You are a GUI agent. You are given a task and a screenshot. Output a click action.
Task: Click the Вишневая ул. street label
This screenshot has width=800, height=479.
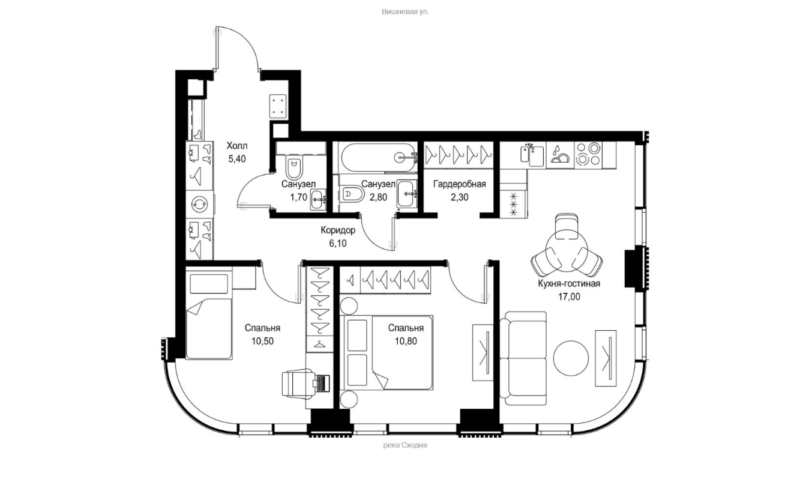pos(405,12)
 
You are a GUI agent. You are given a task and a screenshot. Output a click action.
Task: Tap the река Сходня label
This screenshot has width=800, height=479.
pos(405,445)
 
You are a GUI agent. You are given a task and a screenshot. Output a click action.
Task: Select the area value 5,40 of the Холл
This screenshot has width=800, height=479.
pos(237,159)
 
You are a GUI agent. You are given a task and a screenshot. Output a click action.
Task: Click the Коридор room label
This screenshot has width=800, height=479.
pos(338,230)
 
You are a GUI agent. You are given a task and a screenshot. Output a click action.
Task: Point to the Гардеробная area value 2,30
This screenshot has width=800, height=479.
pos(459,197)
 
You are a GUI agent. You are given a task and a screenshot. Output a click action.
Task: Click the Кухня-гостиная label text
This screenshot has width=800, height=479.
pos(569,283)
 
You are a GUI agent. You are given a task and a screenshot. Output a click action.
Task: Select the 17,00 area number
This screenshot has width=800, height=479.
pos(569,297)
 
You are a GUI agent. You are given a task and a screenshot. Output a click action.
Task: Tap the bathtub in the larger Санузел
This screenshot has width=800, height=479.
pos(379,157)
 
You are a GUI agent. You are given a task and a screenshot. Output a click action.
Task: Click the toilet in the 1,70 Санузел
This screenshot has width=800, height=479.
pos(294,167)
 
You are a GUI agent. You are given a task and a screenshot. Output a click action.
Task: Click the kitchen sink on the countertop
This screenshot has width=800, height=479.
pos(532,155)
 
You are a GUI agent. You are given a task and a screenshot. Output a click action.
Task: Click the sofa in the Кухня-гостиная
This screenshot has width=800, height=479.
pos(523,358)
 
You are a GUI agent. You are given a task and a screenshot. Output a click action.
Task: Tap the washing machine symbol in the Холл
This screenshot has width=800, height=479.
pos(199,204)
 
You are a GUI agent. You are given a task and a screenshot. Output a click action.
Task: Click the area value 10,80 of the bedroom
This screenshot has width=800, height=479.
pos(406,341)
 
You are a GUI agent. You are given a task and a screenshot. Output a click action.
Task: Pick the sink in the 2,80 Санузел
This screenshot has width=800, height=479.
pos(406,194)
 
